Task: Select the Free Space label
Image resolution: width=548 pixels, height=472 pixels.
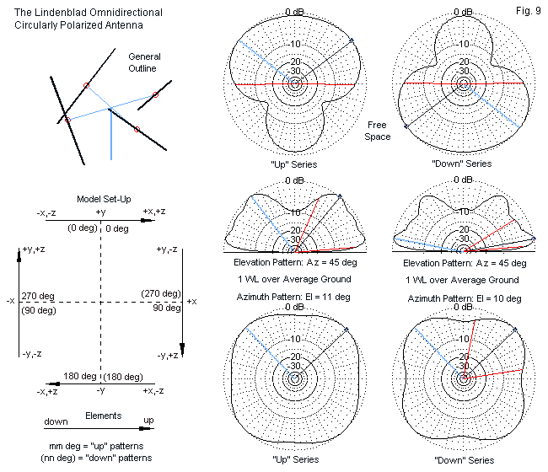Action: tap(378, 131)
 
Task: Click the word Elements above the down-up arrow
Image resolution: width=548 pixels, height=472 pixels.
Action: tap(103, 416)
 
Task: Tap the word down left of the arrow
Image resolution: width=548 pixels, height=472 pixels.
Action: tap(33, 421)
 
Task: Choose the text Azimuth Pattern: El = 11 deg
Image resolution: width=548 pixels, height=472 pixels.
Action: tap(293, 297)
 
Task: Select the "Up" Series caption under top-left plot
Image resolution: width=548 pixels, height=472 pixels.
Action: tap(293, 164)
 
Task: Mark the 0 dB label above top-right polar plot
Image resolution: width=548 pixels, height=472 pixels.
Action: tap(462, 11)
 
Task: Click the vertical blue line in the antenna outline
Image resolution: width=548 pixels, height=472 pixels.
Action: tap(111, 135)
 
